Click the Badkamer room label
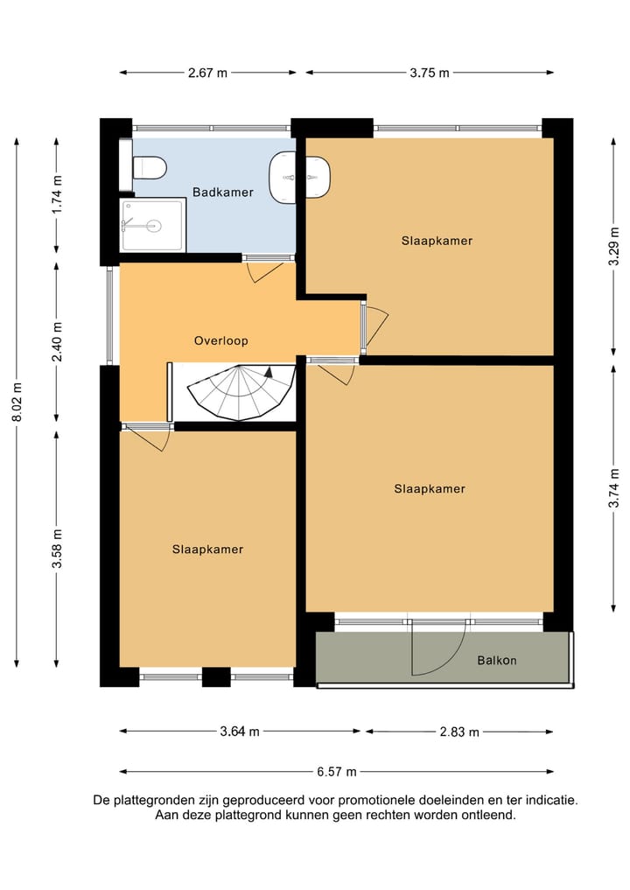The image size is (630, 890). (x=222, y=192)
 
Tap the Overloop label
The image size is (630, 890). (x=220, y=340)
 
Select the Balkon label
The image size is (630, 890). (x=497, y=660)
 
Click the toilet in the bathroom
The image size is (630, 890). (x=150, y=168)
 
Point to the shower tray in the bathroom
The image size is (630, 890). (x=152, y=225)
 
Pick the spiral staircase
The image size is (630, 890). (x=241, y=392)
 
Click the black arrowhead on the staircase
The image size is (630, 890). (x=269, y=372)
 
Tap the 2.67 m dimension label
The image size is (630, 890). (x=207, y=73)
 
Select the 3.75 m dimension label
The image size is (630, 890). (x=430, y=73)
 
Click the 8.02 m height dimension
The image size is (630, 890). (x=17, y=402)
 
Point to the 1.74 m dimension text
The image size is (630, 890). (x=57, y=194)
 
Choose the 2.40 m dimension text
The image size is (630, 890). (x=57, y=341)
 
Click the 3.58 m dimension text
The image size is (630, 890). (x=57, y=549)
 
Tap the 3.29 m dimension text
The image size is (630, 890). (x=613, y=246)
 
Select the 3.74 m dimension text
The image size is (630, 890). (x=613, y=488)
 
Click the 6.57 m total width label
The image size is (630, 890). (x=337, y=771)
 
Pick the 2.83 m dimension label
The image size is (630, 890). (x=459, y=732)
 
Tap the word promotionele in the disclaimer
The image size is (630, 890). (x=377, y=801)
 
